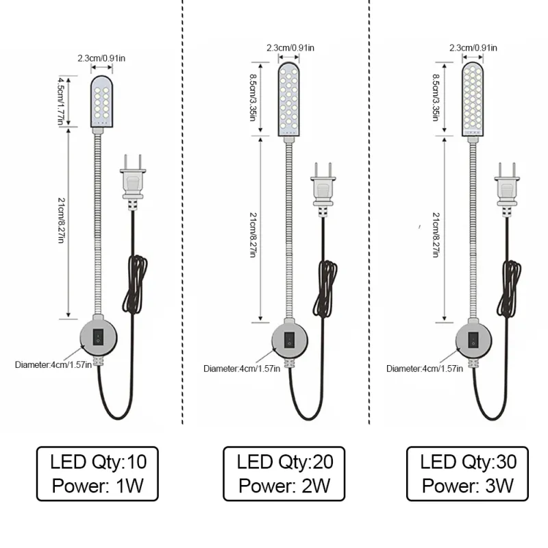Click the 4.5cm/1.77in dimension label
(x=62, y=100)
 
